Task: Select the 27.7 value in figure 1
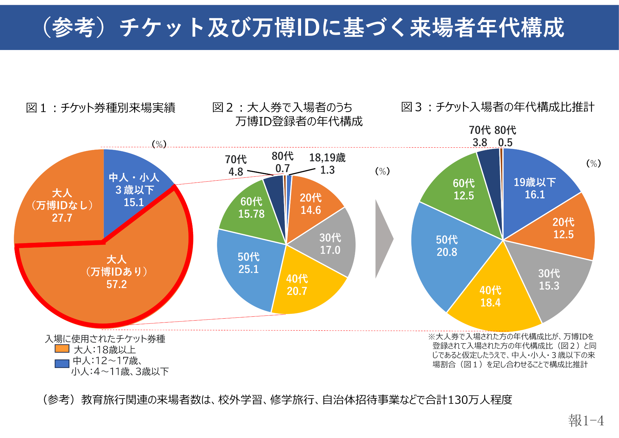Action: click(62, 218)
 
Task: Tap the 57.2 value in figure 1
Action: click(117, 284)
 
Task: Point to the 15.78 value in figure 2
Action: click(251, 214)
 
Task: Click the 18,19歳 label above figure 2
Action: click(327, 158)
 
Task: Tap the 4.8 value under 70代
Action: click(236, 172)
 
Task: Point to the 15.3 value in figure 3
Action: click(549, 286)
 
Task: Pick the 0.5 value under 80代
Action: click(505, 143)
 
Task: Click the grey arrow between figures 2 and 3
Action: click(383, 239)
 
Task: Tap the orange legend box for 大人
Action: click(62, 349)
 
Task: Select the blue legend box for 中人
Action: click(62, 364)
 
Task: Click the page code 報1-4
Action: click(586, 421)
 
